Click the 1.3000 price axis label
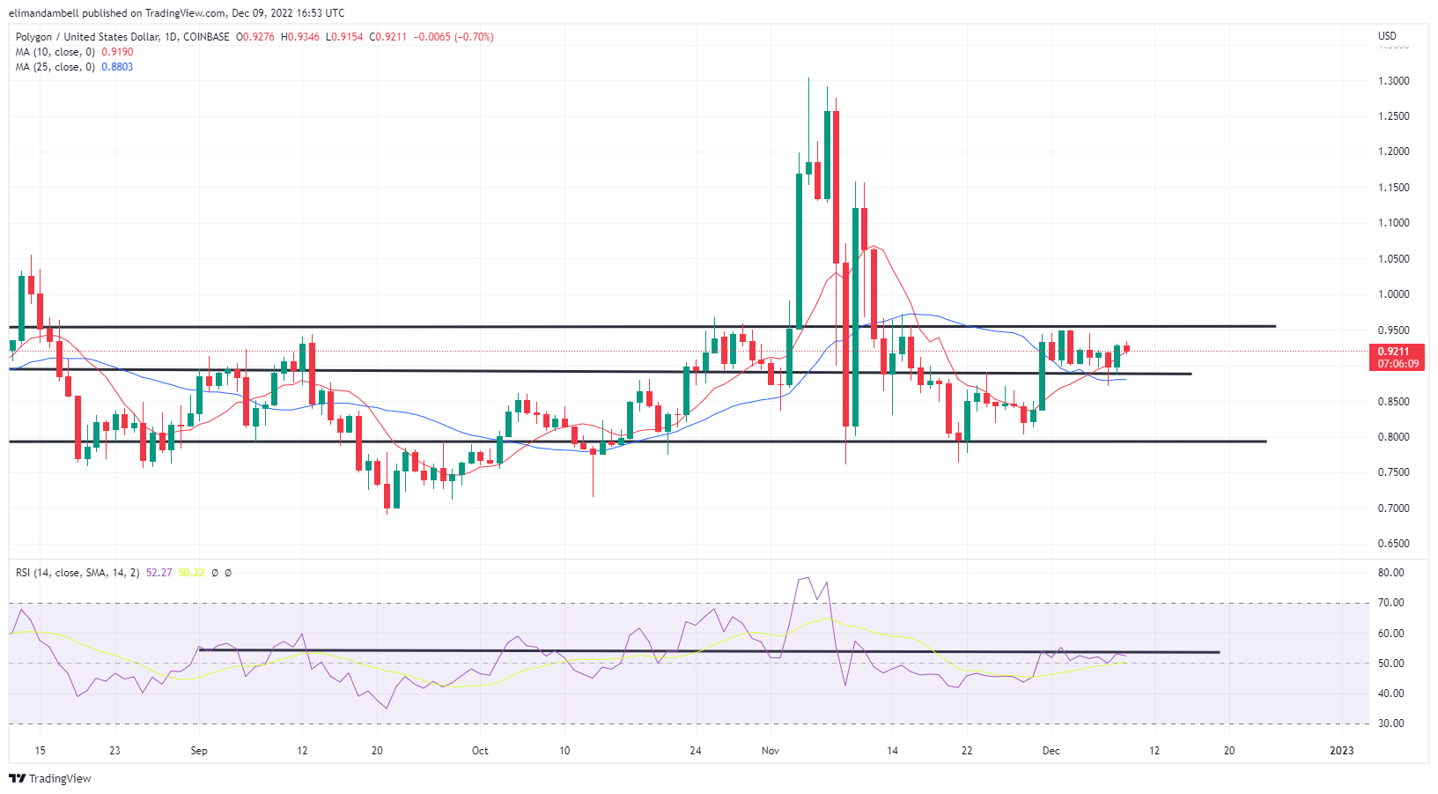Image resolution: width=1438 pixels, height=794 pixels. tap(1393, 81)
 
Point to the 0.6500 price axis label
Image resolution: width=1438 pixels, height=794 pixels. tap(1393, 544)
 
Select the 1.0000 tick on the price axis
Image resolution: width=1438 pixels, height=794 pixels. tap(1393, 294)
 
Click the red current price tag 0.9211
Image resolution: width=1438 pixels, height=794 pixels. tap(1397, 352)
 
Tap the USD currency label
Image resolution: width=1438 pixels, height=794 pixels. tap(1387, 36)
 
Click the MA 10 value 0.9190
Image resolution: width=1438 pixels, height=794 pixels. tap(117, 52)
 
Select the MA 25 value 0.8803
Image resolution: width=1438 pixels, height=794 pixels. tap(117, 67)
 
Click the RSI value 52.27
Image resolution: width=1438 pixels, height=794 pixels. tap(159, 573)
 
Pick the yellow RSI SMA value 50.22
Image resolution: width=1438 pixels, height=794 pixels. tap(191, 573)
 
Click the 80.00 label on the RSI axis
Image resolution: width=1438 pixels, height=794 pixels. tap(1390, 573)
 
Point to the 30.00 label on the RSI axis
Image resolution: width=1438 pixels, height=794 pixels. tap(1390, 724)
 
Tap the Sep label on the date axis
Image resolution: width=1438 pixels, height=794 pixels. tap(199, 751)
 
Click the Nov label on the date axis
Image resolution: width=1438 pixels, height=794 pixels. tap(771, 751)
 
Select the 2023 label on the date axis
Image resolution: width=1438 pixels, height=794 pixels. tap(1341, 751)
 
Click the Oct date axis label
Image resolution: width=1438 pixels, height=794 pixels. tap(480, 751)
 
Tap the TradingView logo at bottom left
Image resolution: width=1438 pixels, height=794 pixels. tap(50, 779)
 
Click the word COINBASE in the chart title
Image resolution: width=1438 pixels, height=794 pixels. tap(206, 37)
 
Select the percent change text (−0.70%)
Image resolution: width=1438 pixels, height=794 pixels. tap(474, 37)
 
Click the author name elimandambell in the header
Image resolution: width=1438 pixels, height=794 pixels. tap(43, 13)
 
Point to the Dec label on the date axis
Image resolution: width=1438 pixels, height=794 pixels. tap(1051, 751)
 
